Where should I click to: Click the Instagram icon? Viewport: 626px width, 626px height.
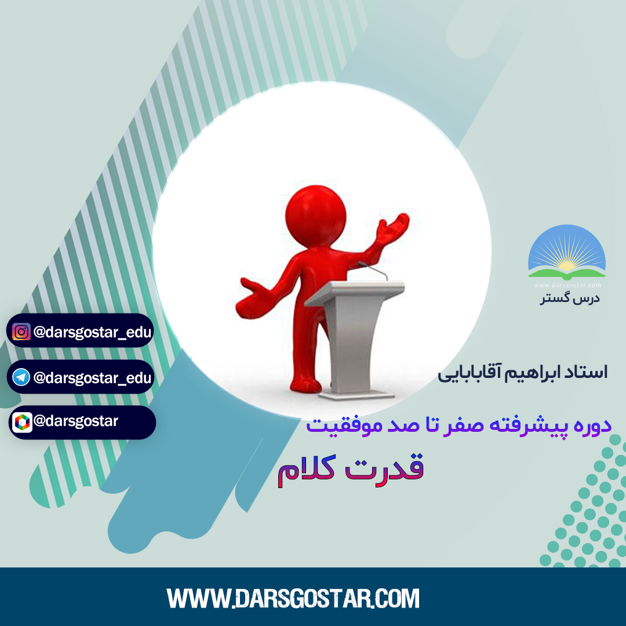[x=21, y=332]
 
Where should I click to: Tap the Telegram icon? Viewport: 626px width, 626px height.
[x=21, y=377]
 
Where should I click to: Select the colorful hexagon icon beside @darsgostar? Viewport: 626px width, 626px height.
[x=22, y=423]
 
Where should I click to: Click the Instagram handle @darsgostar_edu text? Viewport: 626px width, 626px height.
[x=93, y=332]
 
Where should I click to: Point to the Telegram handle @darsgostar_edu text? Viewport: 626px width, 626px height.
[x=93, y=377]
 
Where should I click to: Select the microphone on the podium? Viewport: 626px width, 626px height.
[x=373, y=270]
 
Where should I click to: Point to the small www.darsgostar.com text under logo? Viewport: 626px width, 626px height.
[x=567, y=285]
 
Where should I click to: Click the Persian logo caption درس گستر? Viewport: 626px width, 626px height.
[x=570, y=299]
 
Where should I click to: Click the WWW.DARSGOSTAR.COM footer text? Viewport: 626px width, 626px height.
[x=293, y=598]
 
